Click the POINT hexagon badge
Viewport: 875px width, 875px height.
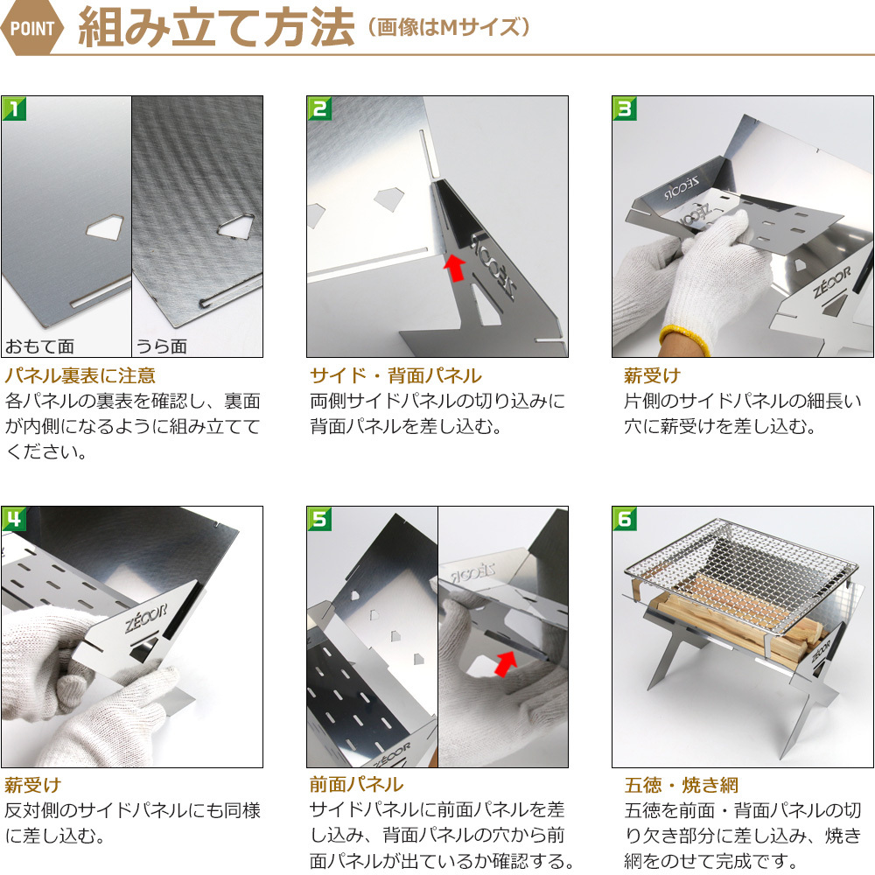click(x=31, y=28)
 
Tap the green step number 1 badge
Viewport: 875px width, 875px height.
click(x=14, y=108)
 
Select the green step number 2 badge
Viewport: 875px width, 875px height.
click(x=319, y=108)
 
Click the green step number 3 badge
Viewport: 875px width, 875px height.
click(x=625, y=108)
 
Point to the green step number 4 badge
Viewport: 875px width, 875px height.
click(x=14, y=519)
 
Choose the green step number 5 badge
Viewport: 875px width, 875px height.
click(x=319, y=519)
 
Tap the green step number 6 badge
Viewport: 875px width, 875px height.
click(x=625, y=519)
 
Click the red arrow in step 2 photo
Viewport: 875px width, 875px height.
click(x=456, y=268)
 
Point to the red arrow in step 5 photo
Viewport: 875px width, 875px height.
click(x=506, y=663)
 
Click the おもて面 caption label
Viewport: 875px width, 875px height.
click(x=39, y=346)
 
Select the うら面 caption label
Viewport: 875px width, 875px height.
click(x=162, y=346)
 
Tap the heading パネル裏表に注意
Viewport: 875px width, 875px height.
click(x=80, y=375)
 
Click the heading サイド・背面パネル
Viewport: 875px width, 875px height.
click(x=395, y=375)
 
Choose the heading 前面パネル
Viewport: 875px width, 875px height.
click(x=356, y=785)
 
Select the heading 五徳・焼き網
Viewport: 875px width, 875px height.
click(x=681, y=785)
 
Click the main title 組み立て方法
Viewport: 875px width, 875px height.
click(x=216, y=27)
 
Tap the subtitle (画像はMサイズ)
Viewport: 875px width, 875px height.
click(x=448, y=27)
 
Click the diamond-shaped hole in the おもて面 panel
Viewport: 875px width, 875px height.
click(x=104, y=227)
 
